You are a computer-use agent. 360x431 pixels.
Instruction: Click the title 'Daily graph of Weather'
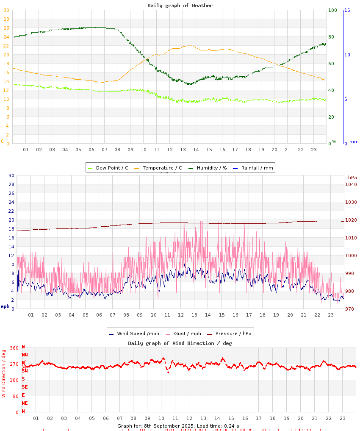tap(180, 6)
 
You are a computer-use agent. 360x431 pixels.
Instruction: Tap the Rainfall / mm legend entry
tap(257, 168)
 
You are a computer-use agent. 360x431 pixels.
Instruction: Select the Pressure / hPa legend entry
tap(233, 334)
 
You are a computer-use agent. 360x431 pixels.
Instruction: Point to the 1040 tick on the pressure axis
tap(351, 184)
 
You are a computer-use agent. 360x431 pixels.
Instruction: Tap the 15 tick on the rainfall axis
tap(347, 10)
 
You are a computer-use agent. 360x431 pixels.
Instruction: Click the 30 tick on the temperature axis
tap(6, 19)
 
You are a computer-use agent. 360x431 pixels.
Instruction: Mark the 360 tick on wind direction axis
tap(14, 348)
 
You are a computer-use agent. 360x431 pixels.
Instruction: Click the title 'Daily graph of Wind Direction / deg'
tap(180, 343)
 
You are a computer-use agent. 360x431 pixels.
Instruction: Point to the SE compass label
tap(25, 387)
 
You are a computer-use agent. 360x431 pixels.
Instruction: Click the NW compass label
tap(25, 355)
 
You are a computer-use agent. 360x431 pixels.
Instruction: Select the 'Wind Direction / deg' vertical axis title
tap(4, 373)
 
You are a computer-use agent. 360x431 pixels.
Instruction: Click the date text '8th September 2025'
tap(169, 426)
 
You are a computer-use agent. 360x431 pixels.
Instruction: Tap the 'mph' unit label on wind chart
tap(5, 306)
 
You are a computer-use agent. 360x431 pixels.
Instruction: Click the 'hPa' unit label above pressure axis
tap(352, 178)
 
